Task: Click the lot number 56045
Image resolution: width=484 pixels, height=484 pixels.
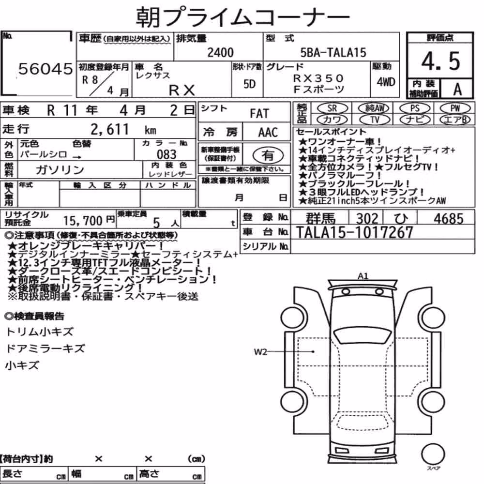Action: (x=45, y=69)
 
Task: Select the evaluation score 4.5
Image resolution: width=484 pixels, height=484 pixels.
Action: (x=440, y=61)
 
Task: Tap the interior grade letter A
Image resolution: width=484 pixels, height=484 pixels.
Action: (x=457, y=89)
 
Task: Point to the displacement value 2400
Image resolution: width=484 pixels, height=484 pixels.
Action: (x=220, y=52)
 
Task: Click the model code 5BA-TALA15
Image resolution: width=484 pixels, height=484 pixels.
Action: (x=333, y=52)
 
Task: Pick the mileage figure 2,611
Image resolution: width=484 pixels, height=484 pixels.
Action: (x=109, y=129)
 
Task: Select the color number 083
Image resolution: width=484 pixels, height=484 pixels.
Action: (x=166, y=154)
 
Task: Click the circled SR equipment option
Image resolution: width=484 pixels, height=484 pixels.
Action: (x=332, y=108)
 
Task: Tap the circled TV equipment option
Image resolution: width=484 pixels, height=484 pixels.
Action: (x=375, y=120)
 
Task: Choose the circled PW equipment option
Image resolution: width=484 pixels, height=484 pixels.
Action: (x=455, y=108)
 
